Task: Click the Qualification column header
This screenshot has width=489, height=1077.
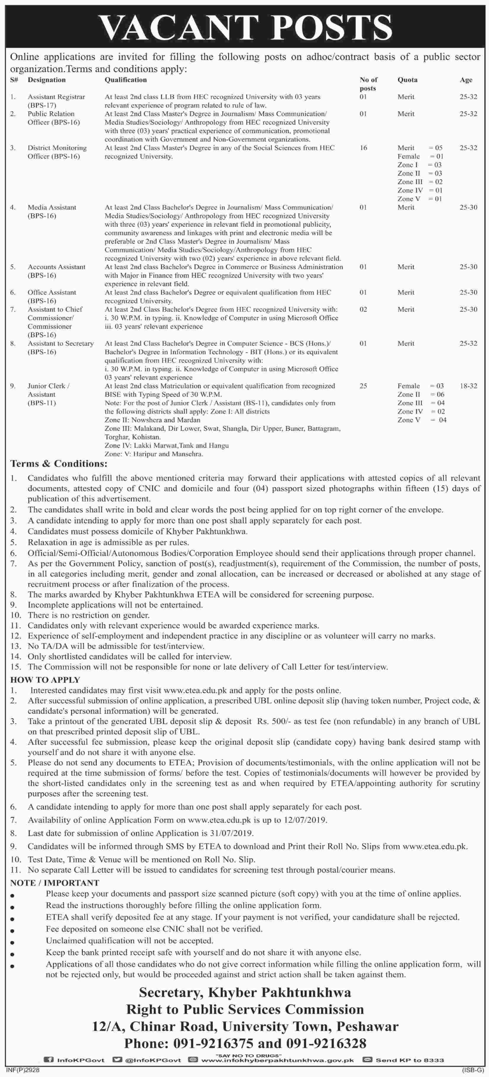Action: [125, 79]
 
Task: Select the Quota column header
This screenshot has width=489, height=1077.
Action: [407, 79]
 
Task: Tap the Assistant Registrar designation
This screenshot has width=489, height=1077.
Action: [56, 97]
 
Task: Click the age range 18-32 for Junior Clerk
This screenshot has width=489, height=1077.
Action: [468, 386]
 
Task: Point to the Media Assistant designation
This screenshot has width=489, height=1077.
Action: [52, 207]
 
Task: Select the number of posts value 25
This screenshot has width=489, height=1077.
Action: [363, 386]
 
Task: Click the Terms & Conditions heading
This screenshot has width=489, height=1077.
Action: [59, 464]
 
